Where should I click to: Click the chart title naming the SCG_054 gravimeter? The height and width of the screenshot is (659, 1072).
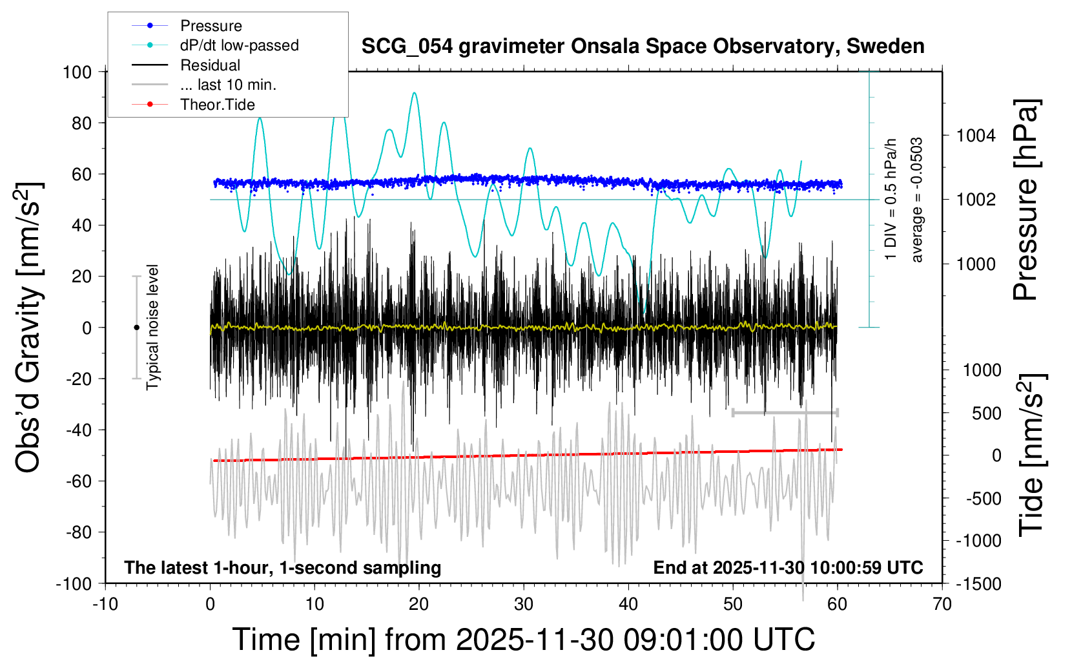(643, 47)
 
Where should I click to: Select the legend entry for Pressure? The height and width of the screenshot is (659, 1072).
(211, 26)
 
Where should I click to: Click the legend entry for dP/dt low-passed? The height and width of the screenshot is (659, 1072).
(239, 45)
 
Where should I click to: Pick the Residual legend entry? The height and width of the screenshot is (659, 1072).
(210, 65)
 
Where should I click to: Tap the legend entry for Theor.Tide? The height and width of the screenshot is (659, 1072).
(217, 105)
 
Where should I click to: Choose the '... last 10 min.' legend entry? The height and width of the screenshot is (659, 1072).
(228, 85)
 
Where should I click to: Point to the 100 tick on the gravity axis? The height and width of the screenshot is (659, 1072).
(77, 72)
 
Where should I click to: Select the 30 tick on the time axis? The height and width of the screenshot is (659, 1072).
(524, 604)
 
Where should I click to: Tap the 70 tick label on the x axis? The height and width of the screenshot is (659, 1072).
(942, 604)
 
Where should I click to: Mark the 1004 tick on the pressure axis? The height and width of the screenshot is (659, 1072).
(976, 136)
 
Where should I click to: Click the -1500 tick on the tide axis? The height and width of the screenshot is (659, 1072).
(978, 584)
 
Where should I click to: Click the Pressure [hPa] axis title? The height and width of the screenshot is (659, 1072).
(1026, 200)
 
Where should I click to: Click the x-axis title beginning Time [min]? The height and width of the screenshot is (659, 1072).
(523, 640)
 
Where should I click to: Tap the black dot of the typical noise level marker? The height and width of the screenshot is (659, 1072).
(136, 328)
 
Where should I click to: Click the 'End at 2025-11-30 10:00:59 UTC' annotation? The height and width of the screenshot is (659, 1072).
(788, 568)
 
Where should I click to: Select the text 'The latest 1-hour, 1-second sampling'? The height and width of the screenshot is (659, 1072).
(283, 568)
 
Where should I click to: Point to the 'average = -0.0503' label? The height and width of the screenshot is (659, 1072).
(917, 200)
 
